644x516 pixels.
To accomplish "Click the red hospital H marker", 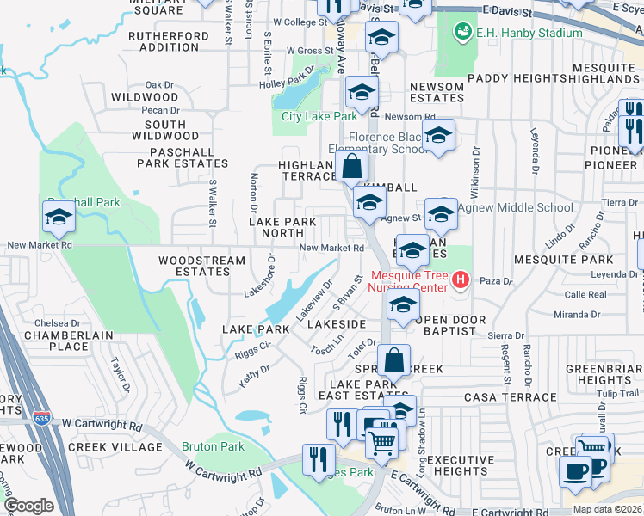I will point(460,279).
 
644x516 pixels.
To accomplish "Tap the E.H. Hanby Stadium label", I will point(527,33).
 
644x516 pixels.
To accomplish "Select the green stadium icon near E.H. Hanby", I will point(462,32).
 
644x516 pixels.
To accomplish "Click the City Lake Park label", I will point(319,116).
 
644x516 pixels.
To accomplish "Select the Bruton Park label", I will point(213,447).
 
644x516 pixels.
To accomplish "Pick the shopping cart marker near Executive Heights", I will point(382,442).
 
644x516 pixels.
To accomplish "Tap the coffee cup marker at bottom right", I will point(575,470).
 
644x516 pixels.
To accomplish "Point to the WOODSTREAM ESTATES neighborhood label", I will point(195,265).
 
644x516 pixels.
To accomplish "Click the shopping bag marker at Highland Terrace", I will point(352,166).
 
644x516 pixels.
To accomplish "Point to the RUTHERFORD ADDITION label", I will point(168,41).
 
